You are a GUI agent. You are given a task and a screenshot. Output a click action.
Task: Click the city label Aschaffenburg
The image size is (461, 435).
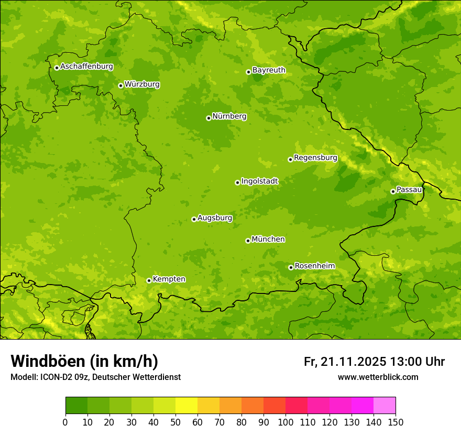[x=86, y=67]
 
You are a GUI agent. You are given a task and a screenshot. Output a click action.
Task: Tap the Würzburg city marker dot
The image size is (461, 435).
[x=120, y=85]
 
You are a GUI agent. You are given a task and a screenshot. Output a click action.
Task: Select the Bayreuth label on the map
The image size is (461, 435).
[x=269, y=70]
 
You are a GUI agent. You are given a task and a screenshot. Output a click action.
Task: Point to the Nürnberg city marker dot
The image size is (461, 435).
[x=208, y=118]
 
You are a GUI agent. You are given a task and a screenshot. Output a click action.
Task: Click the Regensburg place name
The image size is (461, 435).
[x=315, y=158]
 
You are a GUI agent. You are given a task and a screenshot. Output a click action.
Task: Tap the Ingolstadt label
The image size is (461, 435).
[x=259, y=181]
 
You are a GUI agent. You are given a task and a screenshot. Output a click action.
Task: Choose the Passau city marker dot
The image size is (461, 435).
[x=393, y=191]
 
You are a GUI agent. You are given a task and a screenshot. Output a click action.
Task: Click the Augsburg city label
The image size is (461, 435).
[x=215, y=218]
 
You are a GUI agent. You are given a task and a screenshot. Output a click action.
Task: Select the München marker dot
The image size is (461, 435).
[x=248, y=241]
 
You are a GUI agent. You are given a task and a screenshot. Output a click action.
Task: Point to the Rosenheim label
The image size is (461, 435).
[x=314, y=266]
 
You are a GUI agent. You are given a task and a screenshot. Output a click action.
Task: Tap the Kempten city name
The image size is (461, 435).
[x=169, y=279]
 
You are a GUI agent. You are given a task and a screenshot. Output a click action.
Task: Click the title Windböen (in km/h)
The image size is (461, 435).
[x=84, y=361]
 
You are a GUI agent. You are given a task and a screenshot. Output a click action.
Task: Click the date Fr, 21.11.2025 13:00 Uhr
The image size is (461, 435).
[x=374, y=362]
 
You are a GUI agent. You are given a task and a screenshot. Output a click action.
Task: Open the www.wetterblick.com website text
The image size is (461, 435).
[x=378, y=377]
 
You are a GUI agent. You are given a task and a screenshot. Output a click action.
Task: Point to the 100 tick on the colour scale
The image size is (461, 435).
[x=286, y=422]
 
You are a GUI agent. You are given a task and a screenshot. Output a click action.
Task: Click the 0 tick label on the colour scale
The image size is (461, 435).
[x=65, y=422]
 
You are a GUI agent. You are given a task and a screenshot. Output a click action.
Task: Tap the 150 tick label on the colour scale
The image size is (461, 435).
[x=396, y=422]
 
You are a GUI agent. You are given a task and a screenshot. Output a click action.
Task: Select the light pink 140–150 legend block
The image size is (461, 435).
[x=385, y=406]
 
